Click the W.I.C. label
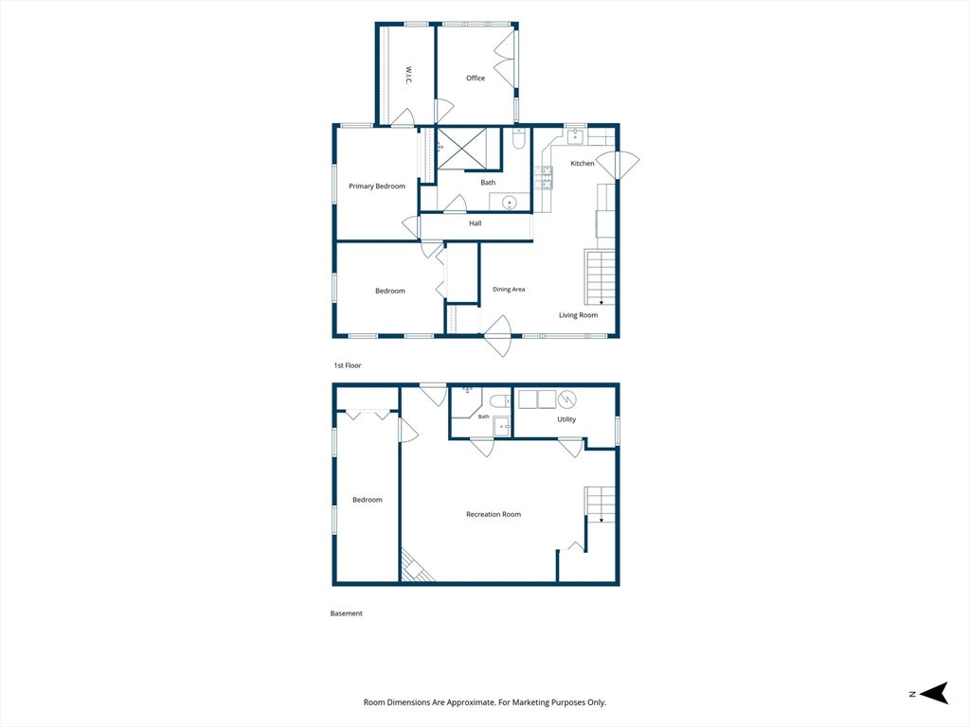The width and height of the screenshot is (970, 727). (x=409, y=76)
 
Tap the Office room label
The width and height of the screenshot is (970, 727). (x=476, y=78)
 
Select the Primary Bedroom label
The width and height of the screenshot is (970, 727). (x=377, y=186)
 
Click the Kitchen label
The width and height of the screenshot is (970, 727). (x=583, y=163)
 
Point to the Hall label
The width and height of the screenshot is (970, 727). (x=476, y=223)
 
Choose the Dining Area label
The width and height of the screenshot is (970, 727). (x=509, y=290)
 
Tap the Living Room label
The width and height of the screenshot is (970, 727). (x=579, y=315)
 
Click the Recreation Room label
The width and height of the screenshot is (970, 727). (x=494, y=514)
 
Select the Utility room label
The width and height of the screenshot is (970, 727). (x=566, y=419)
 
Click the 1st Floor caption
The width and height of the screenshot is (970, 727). (x=348, y=365)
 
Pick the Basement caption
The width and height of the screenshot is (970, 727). (x=347, y=613)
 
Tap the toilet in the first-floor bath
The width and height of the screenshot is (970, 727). (x=519, y=139)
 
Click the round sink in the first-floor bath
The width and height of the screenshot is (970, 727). (x=509, y=203)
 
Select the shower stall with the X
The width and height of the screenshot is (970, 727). (x=461, y=149)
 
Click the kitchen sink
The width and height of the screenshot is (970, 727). (x=576, y=136)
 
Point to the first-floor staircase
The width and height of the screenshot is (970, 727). (x=600, y=277)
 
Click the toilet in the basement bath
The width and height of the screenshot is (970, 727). (x=500, y=401)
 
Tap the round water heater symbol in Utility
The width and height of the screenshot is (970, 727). (x=567, y=399)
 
